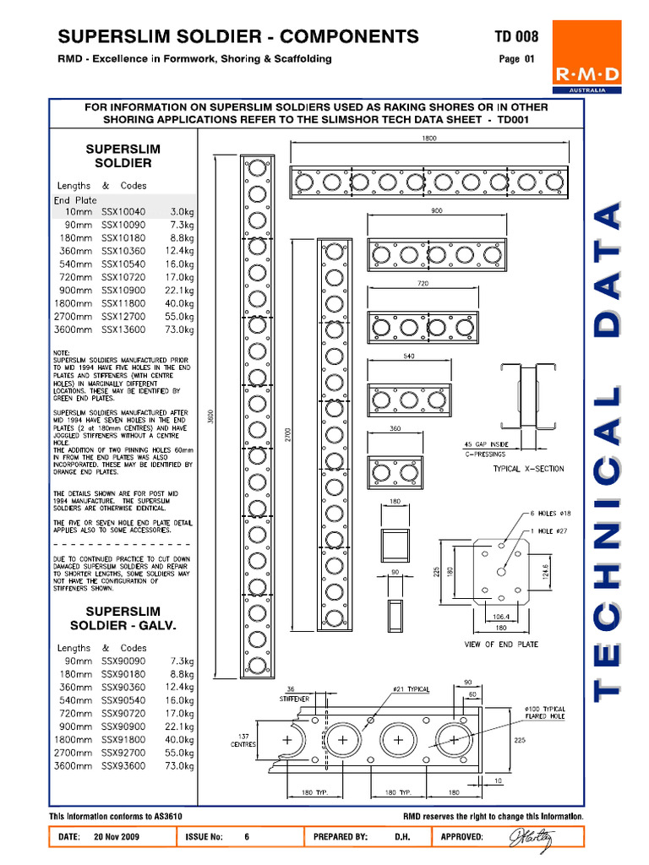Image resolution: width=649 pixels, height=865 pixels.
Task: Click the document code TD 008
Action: coord(515,36)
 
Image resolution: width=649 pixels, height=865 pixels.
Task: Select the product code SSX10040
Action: coord(123,212)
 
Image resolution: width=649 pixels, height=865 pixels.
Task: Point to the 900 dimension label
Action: coord(436,211)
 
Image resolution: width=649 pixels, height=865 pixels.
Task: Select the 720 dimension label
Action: coord(423,285)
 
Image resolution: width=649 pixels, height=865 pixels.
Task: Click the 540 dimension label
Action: coord(408,356)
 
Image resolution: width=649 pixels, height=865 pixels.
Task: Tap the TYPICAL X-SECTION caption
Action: coord(528,469)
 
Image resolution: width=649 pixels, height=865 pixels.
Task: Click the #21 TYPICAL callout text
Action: coord(411,689)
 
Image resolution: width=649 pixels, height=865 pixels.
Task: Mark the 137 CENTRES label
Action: coord(244,739)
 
